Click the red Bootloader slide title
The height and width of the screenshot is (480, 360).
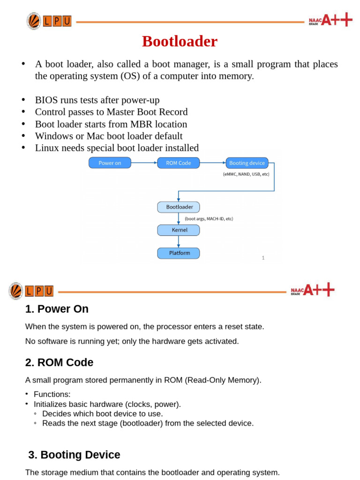(180, 41)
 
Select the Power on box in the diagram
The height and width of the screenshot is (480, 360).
(110, 163)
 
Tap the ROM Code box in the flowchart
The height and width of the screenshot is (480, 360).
(178, 163)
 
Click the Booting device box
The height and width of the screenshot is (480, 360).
(247, 163)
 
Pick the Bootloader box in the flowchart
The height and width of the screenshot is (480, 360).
(178, 207)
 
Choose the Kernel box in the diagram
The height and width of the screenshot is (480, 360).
(178, 230)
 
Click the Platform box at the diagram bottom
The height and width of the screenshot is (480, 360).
(178, 253)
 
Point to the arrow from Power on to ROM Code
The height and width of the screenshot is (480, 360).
(144, 163)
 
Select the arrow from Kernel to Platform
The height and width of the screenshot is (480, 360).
(179, 241)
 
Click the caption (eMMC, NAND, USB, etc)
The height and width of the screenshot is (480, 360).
(246, 174)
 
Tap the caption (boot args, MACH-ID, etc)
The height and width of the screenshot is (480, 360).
(209, 218)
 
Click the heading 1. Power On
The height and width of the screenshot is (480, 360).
(57, 309)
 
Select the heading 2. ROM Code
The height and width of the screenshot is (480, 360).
(59, 362)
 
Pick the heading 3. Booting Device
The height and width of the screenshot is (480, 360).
(74, 455)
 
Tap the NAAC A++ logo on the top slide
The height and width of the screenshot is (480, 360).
(330, 20)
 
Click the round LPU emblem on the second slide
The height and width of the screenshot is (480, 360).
(15, 291)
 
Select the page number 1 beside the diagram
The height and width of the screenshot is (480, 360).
(263, 258)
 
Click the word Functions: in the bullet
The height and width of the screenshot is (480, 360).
(52, 394)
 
